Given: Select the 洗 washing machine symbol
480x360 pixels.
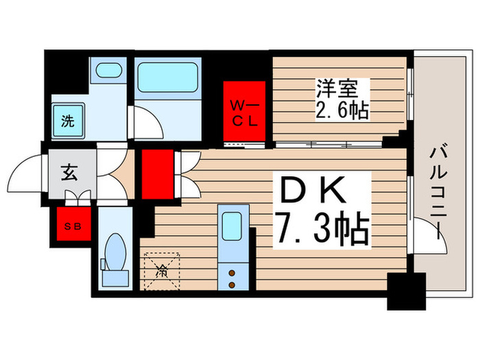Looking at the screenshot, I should [x=69, y=122].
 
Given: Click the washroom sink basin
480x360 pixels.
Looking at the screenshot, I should [x=106, y=70].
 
